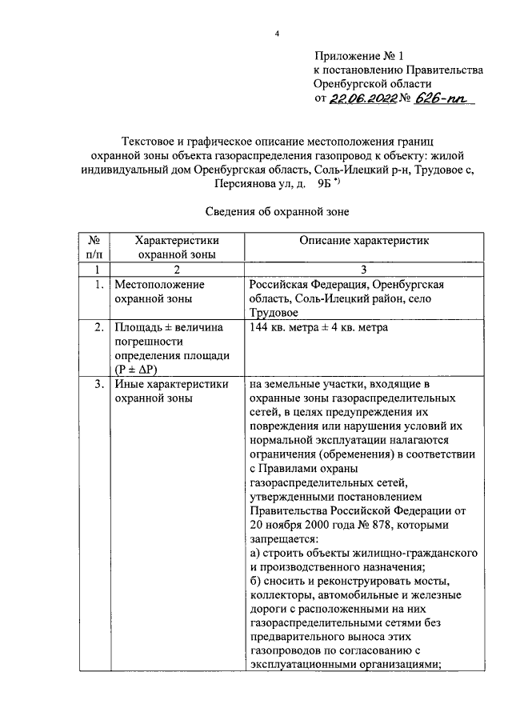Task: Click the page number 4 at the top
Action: pyautogui.click(x=277, y=33)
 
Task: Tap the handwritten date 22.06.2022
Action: pyautogui.click(x=362, y=98)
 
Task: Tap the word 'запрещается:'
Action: pyautogui.click(x=280, y=539)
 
